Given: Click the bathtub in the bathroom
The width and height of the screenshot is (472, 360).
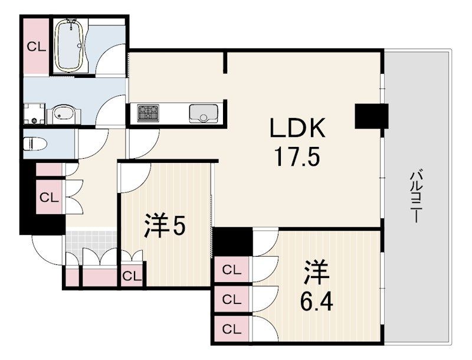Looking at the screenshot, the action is [71, 45].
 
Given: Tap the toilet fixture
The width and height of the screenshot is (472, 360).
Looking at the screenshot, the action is [35, 143].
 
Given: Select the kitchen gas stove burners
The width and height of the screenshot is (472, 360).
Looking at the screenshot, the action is [148, 113].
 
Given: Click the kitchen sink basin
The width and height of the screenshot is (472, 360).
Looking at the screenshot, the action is [203, 113].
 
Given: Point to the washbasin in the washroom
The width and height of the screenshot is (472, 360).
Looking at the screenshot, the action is [63, 114].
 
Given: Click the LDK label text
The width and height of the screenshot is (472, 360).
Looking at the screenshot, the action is [297, 128].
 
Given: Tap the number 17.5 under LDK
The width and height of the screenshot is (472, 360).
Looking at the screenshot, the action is [297, 158].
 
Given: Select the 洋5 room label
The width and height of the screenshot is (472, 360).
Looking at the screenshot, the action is [165, 225].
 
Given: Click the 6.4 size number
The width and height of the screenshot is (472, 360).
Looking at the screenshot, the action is [317, 302].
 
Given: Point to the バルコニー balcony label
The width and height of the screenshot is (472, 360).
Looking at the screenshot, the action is [415, 197].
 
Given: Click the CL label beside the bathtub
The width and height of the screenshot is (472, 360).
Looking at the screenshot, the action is [37, 47].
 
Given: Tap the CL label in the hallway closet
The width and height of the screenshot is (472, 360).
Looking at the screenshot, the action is [49, 198].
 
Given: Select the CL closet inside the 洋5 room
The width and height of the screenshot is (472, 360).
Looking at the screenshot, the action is [132, 276].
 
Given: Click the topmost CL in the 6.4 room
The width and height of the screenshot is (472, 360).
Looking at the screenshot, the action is [232, 270].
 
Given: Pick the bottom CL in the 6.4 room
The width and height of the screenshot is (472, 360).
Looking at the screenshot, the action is [232, 329].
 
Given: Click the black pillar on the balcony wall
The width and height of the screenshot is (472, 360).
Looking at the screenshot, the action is [372, 116].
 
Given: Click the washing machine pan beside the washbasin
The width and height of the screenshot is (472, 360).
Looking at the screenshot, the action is [34, 113].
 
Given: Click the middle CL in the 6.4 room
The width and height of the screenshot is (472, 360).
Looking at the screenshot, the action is [232, 299].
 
